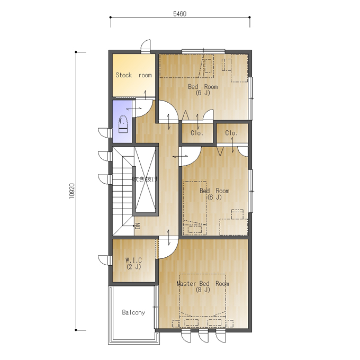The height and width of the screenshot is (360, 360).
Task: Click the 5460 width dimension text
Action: (179, 14)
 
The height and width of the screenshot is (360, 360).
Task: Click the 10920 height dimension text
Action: (72, 191)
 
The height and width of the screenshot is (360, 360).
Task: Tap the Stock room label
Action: (133, 75)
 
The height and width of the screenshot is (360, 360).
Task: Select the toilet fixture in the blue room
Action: (123, 124)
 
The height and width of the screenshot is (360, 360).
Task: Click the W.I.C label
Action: (133, 260)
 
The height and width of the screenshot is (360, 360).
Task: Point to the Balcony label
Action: (133, 312)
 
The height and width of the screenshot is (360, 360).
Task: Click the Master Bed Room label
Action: (203, 284)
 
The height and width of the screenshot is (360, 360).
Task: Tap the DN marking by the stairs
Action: (138, 226)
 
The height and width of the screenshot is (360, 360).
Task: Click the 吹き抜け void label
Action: (145, 179)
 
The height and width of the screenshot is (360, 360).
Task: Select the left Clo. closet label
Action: (197, 133)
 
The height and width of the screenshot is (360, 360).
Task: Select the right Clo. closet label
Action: (231, 133)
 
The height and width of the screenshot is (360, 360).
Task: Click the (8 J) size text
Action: (203, 290)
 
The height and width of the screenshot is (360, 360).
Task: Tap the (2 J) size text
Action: (133, 266)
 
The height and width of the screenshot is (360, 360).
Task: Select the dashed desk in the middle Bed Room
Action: (233, 227)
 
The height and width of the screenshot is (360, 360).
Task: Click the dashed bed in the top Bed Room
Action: (186, 66)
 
